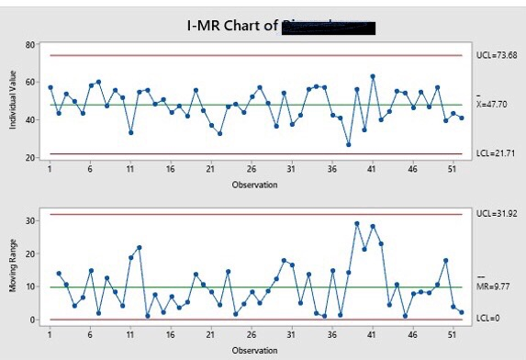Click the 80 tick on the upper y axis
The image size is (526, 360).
pos(30,44)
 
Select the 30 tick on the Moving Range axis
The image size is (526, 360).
pos(30,221)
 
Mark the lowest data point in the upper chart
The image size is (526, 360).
pos(348,144)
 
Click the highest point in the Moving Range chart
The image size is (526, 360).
pos(356,223)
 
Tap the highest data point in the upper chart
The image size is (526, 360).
pos(373,76)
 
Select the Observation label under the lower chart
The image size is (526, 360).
pos(251,350)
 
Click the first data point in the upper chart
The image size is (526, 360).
pos(50,87)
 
